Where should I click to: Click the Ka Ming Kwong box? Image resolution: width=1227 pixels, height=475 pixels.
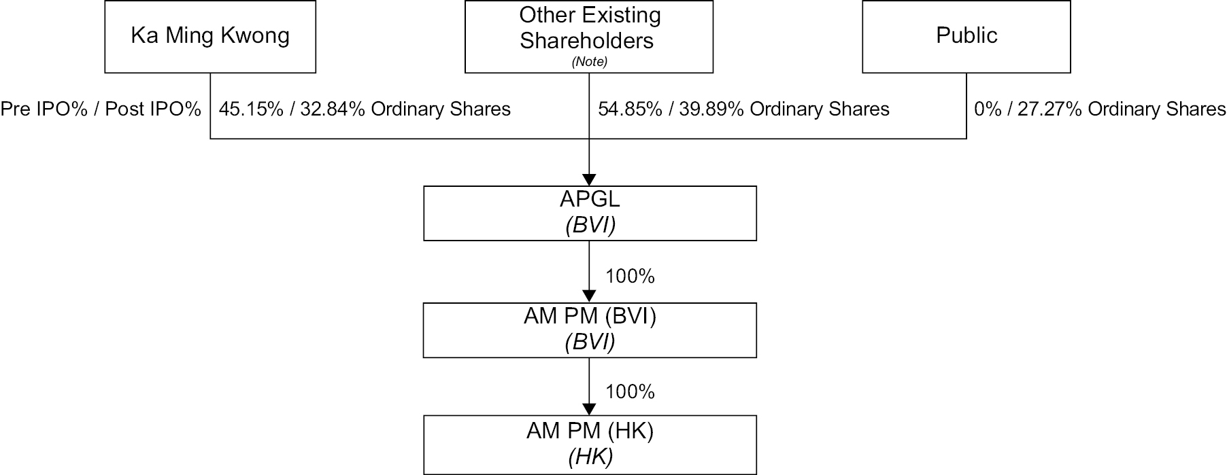pyautogui.click(x=210, y=37)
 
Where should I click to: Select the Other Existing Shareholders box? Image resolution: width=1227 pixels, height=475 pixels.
pyautogui.click(x=589, y=37)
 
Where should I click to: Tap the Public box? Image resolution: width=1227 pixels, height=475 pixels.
pyautogui.click(x=967, y=37)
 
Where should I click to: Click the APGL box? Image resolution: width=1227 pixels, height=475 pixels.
pyautogui.click(x=590, y=213)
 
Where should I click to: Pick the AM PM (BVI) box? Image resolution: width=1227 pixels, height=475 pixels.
pyautogui.click(x=590, y=330)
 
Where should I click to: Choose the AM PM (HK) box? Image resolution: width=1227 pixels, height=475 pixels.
pyautogui.click(x=590, y=445)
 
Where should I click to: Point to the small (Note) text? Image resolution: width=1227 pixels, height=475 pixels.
pyautogui.click(x=589, y=62)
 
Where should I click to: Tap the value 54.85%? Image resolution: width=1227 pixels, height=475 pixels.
pyautogui.click(x=630, y=109)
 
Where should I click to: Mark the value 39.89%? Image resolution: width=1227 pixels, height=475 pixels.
pyautogui.click(x=711, y=109)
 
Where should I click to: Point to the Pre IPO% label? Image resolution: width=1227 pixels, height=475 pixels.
pyautogui.click(x=44, y=109)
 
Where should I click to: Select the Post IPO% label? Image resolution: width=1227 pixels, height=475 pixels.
pyautogui.click(x=153, y=109)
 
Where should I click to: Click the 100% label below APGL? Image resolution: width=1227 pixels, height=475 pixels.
pyautogui.click(x=630, y=277)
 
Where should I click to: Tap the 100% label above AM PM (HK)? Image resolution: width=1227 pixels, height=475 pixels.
pyautogui.click(x=630, y=392)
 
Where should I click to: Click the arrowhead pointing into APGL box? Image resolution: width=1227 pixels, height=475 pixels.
pyautogui.click(x=590, y=179)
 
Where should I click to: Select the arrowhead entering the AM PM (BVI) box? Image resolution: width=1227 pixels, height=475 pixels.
pyautogui.click(x=590, y=296)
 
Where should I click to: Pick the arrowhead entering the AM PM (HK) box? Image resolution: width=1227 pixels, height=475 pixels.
pyautogui.click(x=590, y=409)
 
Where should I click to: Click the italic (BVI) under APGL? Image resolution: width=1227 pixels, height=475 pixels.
pyautogui.click(x=590, y=226)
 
